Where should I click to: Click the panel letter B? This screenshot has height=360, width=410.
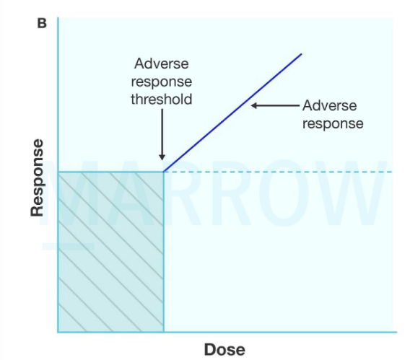pos(42,23)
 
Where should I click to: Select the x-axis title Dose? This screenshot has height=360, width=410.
pos(224,350)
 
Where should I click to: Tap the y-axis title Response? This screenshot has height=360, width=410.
pos(38,177)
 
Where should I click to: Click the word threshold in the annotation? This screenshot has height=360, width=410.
pos(162,100)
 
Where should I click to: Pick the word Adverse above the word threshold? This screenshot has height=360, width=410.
pos(162,65)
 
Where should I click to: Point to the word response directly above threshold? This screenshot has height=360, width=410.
pos(162,82)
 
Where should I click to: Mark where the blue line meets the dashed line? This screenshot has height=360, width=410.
pos(165,172)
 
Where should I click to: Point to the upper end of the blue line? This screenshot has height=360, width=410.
pos(301,54)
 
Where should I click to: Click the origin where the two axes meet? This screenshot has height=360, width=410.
pos(58,332)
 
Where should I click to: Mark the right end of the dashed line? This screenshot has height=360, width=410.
pos(390,172)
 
